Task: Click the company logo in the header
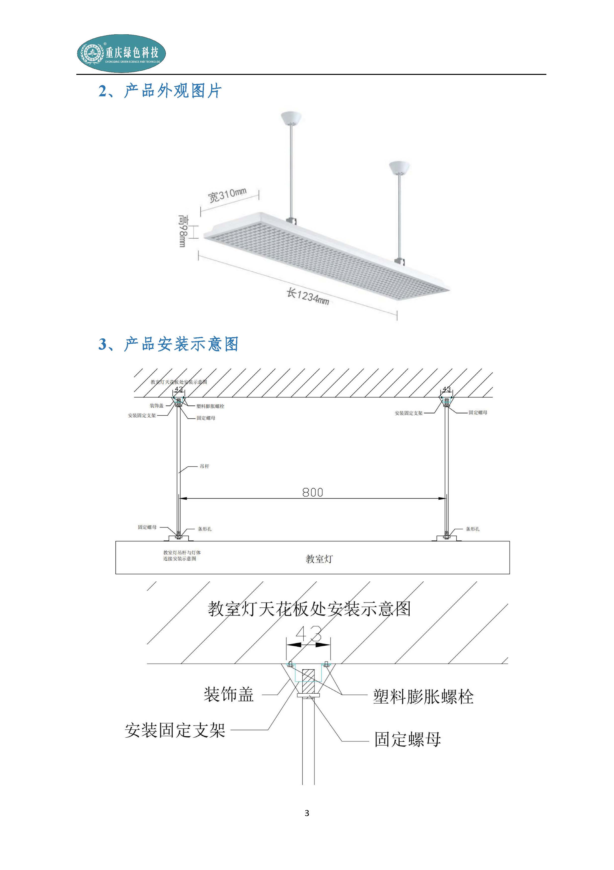pos(121,53)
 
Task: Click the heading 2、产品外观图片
pos(160,91)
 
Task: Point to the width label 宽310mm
pos(227,195)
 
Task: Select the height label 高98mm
pos(183,231)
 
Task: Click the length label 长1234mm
pos(308,296)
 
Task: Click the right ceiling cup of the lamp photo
pos(399,167)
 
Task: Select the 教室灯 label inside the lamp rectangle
pos(319,559)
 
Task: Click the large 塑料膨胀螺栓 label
pos(423,696)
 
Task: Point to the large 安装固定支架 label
pos(175,730)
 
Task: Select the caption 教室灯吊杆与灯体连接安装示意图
pos(182,556)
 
